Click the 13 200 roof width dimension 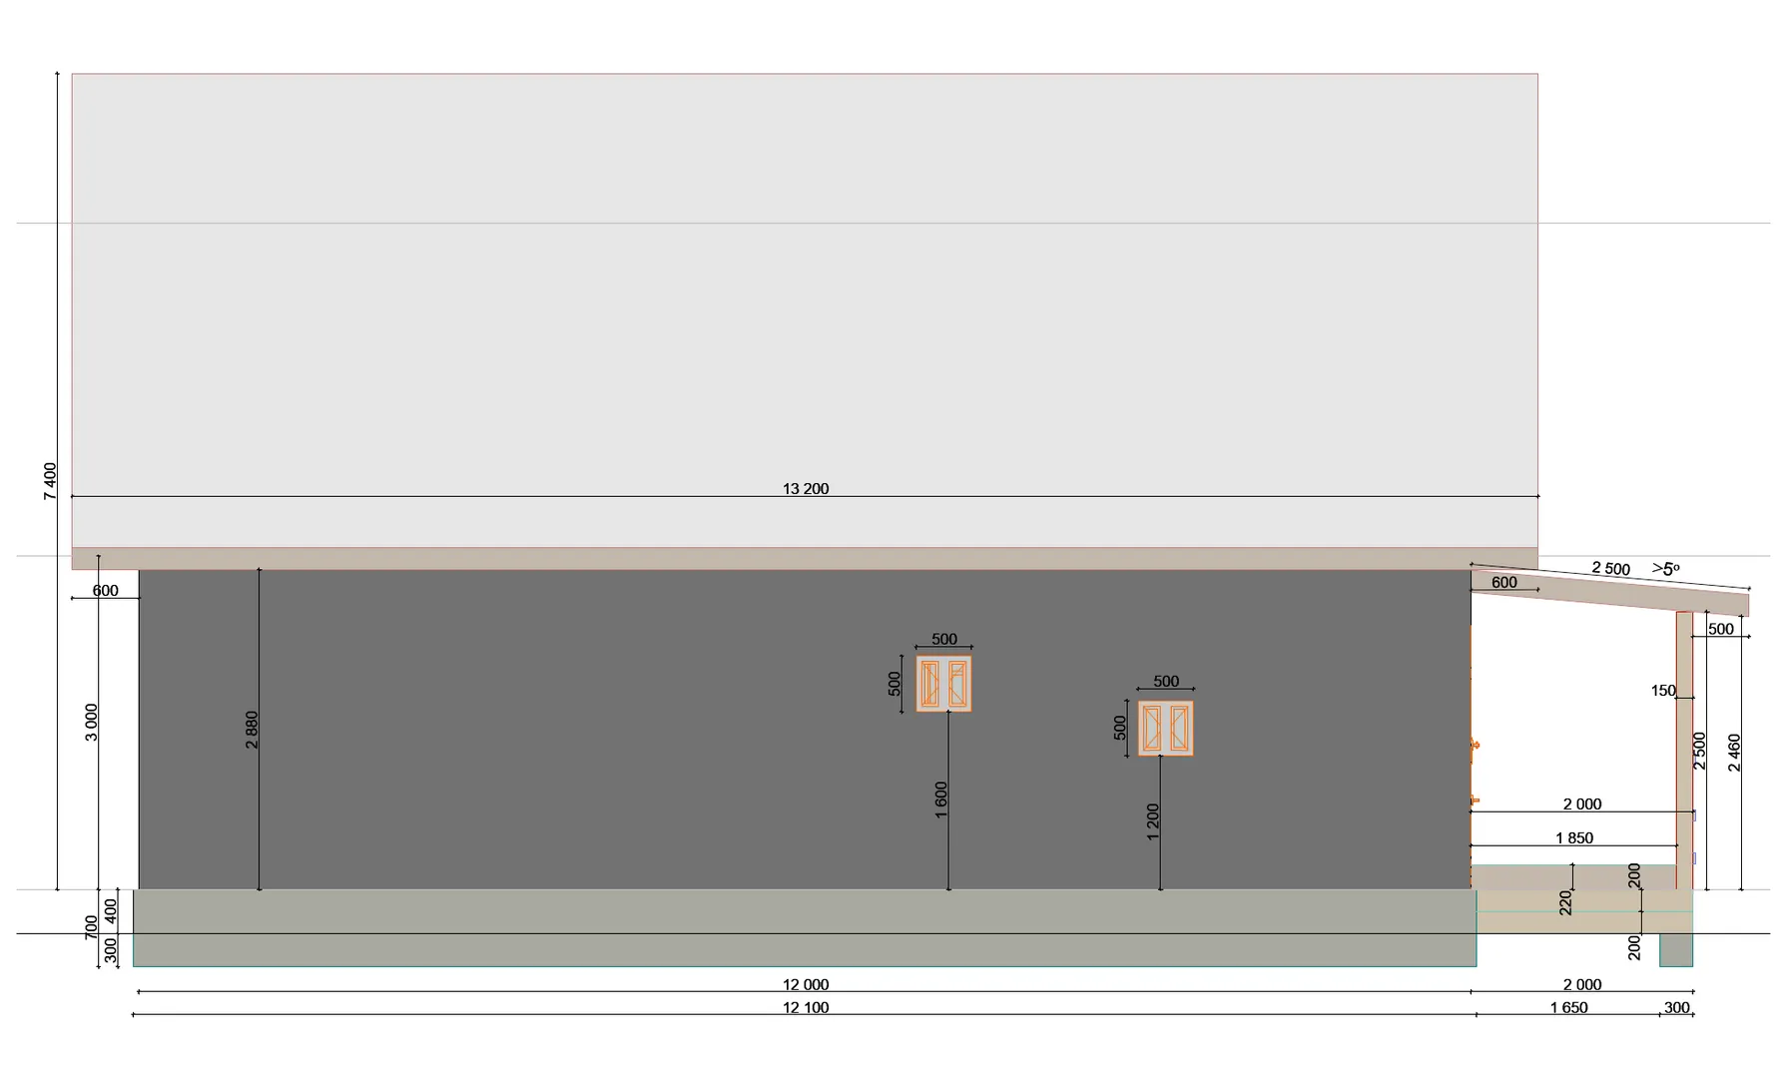click(806, 489)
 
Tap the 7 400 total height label click(50, 481)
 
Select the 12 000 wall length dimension click(806, 984)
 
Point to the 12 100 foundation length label click(806, 1007)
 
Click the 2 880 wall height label click(252, 730)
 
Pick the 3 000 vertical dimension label click(92, 723)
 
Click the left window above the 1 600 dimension click(943, 684)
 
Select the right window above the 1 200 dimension click(1166, 729)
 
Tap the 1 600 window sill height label click(941, 801)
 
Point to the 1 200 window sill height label click(1153, 822)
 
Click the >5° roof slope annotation click(1665, 569)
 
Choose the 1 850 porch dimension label click(1574, 838)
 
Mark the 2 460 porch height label click(1734, 753)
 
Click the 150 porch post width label click(1663, 691)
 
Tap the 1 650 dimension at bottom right click(1569, 1007)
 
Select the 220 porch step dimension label click(1565, 902)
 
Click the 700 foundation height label click(92, 927)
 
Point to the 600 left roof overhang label click(106, 591)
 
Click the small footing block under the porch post click(1676, 950)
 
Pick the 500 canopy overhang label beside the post click(1721, 629)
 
